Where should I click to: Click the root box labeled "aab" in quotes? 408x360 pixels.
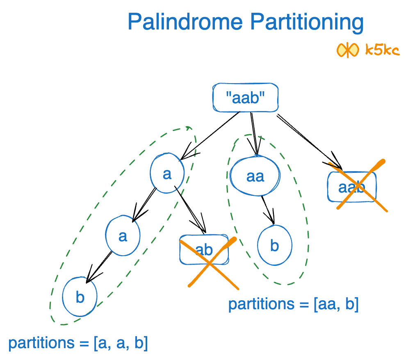click(245, 98)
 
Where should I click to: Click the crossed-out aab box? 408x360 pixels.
click(352, 187)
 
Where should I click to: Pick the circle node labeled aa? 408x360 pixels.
click(255, 177)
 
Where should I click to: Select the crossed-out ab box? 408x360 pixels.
click(204, 249)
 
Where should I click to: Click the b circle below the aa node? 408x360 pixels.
click(275, 246)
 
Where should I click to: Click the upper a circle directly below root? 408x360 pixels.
click(167, 174)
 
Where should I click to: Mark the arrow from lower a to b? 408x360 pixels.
click(99, 266)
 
